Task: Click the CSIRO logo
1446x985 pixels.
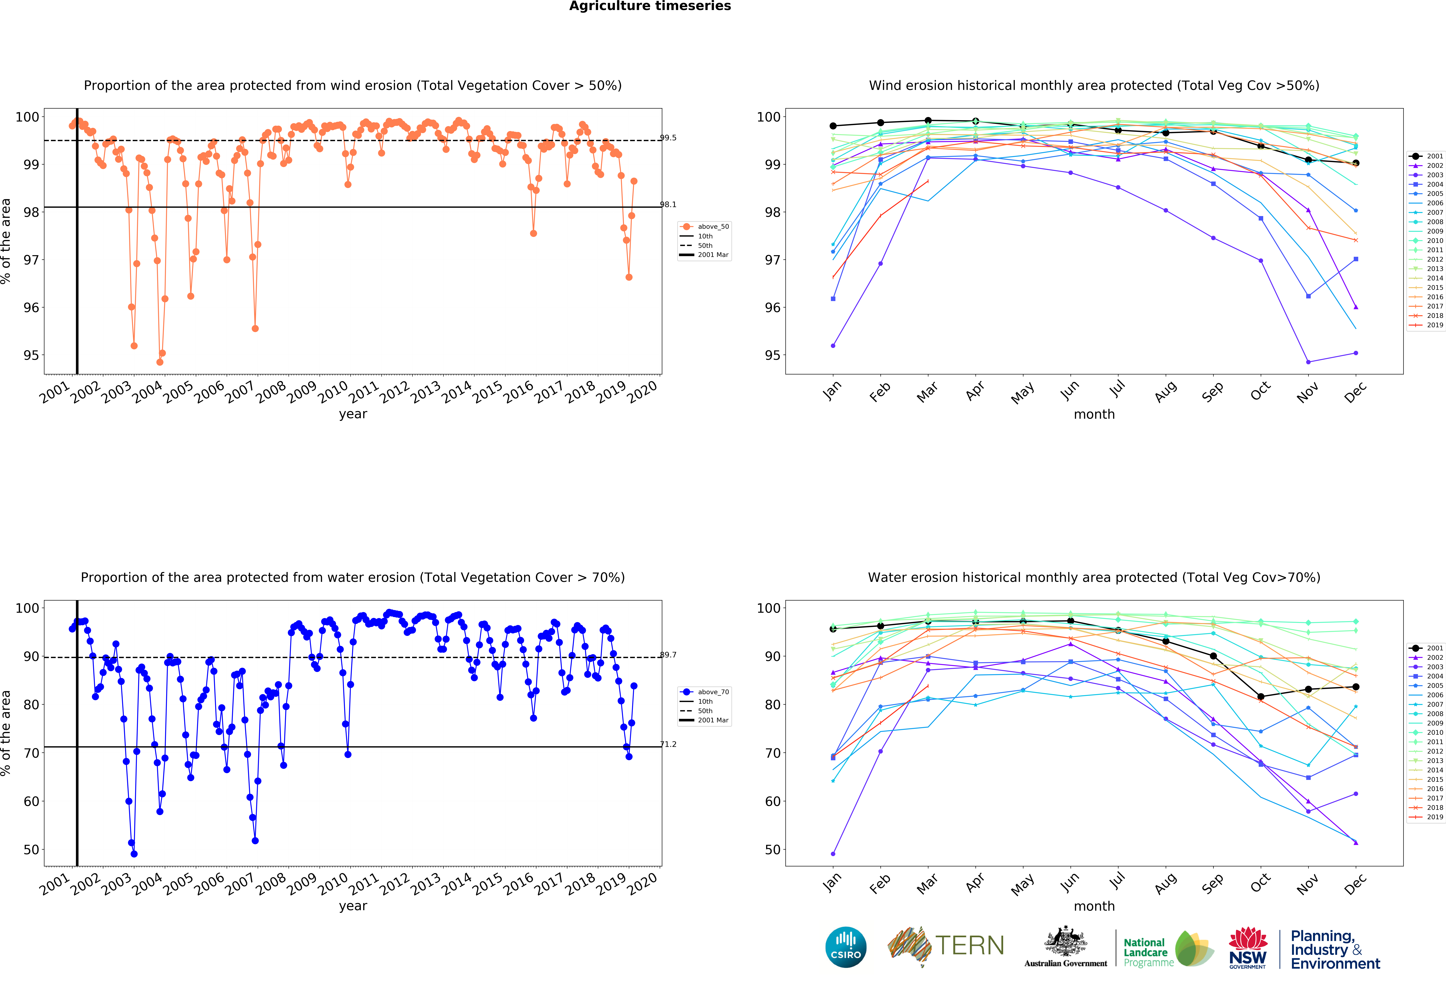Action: (846, 947)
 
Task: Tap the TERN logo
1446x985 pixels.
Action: (946, 946)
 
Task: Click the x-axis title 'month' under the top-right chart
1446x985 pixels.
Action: (1094, 414)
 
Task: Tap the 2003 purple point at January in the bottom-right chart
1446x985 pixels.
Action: (833, 854)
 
